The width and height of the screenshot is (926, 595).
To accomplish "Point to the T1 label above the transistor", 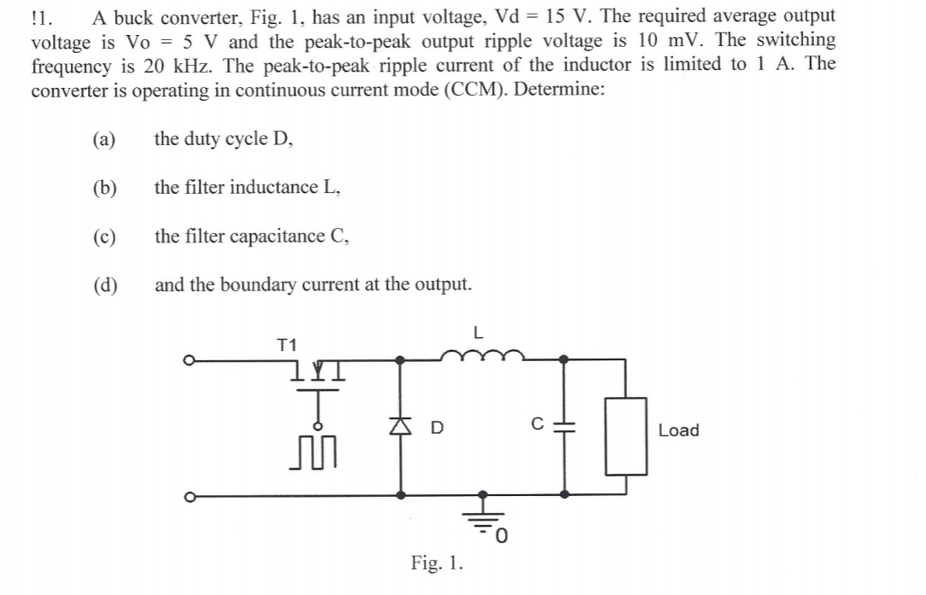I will pos(287,345).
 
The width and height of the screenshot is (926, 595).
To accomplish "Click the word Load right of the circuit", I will pos(678,430).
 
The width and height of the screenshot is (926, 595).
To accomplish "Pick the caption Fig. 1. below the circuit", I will pos(437,563).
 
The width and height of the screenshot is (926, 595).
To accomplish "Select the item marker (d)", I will pos(105,284).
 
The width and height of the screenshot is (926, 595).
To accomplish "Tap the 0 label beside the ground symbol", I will pos(503,535).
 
